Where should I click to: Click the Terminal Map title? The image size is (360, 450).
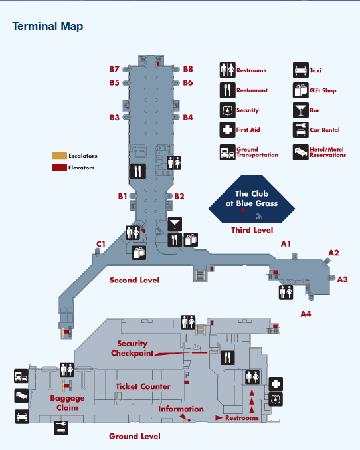pos(48,27)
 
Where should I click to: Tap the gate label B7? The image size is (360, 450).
pos(114,69)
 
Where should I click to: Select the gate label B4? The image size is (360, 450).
pos(188,118)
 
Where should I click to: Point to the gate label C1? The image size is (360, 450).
pos(101,244)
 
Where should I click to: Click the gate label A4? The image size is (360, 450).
pos(306,314)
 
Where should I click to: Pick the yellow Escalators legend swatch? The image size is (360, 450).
pos(59,156)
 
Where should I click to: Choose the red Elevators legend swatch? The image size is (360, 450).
pos(59,168)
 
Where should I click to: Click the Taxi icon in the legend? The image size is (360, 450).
pos(301,70)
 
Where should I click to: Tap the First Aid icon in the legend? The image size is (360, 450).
pos(227,130)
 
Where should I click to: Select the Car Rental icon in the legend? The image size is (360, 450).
pos(301,130)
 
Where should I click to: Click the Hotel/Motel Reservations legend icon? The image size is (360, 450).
pos(301,152)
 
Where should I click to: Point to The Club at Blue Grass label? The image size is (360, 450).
pos(252,199)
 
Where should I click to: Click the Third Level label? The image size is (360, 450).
pos(252,230)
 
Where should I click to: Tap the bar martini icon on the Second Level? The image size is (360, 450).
pos(175,224)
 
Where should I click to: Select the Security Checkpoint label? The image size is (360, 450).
pos(132,348)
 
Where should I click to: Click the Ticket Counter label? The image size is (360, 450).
pos(143,386)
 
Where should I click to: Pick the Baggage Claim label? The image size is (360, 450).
pos(67,403)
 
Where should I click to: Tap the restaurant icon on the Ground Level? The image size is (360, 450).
pos(227,358)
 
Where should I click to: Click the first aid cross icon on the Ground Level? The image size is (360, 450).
pos(276,384)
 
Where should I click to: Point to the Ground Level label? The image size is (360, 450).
pos(135,436)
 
